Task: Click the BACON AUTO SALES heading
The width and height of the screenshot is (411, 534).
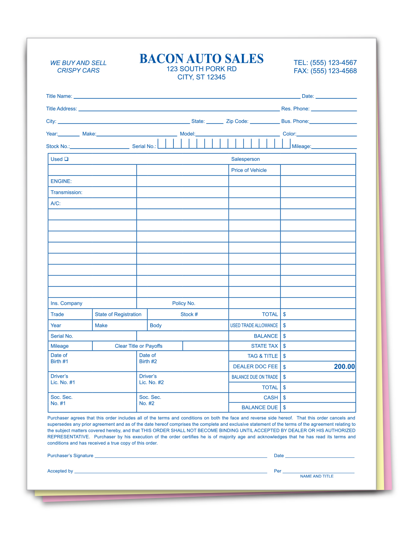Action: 201,59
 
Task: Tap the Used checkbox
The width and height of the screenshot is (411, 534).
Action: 66,159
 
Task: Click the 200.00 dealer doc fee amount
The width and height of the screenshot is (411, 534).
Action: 344,367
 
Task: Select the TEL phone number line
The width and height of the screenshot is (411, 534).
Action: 325,63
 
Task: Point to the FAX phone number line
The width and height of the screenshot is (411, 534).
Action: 325,71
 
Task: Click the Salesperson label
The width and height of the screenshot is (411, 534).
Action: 245,159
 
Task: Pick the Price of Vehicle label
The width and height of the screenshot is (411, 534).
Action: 249,170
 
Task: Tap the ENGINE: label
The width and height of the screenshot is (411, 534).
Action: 61,181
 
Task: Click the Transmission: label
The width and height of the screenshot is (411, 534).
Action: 66,193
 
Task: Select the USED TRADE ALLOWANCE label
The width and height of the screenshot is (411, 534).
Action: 254,326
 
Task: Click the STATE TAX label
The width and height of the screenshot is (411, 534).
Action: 264,346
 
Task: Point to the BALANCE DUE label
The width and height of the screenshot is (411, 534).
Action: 259,408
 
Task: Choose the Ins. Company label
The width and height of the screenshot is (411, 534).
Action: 66,303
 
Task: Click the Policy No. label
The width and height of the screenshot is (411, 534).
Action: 184,303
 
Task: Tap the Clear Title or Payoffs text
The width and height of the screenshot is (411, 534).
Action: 139,346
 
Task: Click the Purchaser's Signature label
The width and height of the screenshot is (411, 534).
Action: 70,456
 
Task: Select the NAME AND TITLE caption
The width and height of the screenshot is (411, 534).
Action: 317,476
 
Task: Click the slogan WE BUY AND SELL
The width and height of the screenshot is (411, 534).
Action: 78,63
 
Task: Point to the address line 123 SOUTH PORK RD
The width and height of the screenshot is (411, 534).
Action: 202,69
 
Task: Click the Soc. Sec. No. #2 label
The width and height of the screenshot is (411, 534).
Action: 150,400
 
